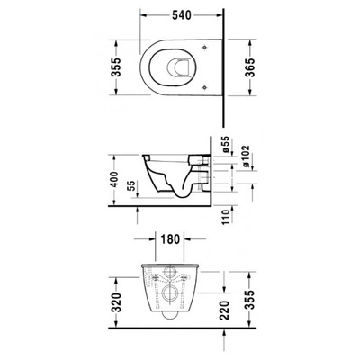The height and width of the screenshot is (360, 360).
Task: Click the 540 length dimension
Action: [174, 14]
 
